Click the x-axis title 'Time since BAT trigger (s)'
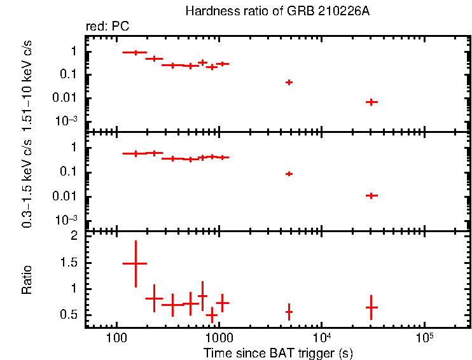(278, 352)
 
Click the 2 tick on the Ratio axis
(74, 236)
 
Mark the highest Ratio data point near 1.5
(135, 263)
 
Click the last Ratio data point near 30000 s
(371, 307)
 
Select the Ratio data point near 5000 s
(289, 312)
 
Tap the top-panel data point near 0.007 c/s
(371, 102)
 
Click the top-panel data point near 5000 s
(289, 82)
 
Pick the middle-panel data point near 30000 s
(371, 195)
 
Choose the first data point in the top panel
(135, 53)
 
